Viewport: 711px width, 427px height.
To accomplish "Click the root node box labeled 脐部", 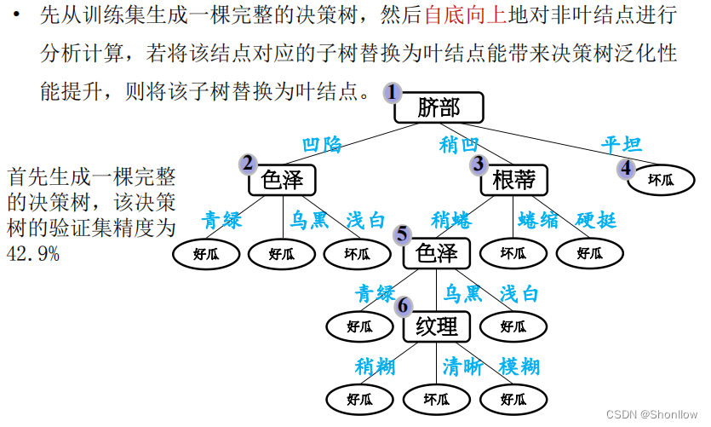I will click(x=439, y=107).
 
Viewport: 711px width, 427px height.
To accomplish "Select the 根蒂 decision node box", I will click(x=513, y=180).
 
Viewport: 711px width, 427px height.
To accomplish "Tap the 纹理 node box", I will click(x=437, y=326).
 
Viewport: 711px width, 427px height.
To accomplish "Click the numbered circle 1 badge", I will click(x=392, y=92).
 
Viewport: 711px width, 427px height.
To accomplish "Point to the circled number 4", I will click(x=627, y=168).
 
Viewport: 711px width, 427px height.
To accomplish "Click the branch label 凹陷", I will click(x=322, y=145).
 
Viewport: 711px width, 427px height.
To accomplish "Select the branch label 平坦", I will click(x=622, y=145).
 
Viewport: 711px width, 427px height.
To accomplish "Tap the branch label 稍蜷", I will click(x=451, y=220).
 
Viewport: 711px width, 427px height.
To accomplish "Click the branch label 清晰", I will click(x=463, y=367).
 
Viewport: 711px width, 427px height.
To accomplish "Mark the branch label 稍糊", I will click(x=376, y=367).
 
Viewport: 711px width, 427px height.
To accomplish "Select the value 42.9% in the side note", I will click(x=33, y=253).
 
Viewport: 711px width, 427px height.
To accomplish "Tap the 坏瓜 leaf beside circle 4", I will click(x=661, y=179).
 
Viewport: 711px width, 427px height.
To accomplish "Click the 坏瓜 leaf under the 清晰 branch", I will click(x=437, y=399).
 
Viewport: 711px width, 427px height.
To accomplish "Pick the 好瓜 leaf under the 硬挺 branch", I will click(x=589, y=253).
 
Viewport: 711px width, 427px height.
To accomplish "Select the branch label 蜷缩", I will click(x=538, y=220).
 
